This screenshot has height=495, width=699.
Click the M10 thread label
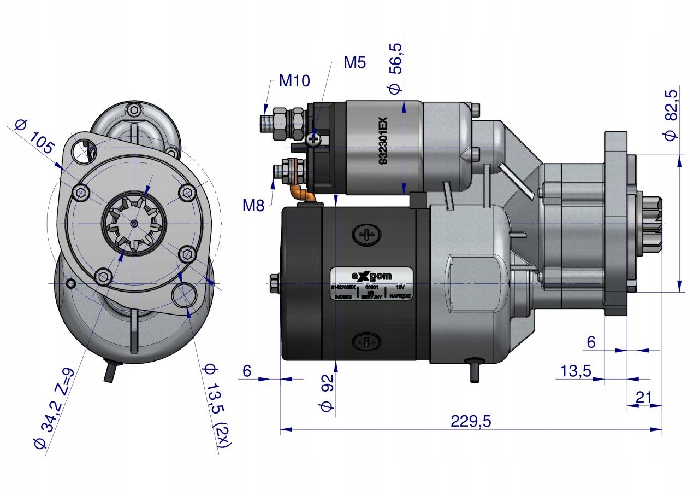pos(294,81)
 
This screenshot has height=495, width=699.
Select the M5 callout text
pos(354,62)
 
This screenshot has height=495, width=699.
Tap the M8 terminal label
pos(253,206)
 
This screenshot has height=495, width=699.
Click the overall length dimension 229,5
pos(471,421)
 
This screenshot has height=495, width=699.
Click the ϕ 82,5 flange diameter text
pos(671,115)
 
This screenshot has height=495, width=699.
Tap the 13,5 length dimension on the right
pos(576,371)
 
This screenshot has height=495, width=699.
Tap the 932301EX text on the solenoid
pos(383,142)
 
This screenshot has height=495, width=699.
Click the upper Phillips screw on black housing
pos(365,235)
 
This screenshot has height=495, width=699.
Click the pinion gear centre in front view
pos(134,223)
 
